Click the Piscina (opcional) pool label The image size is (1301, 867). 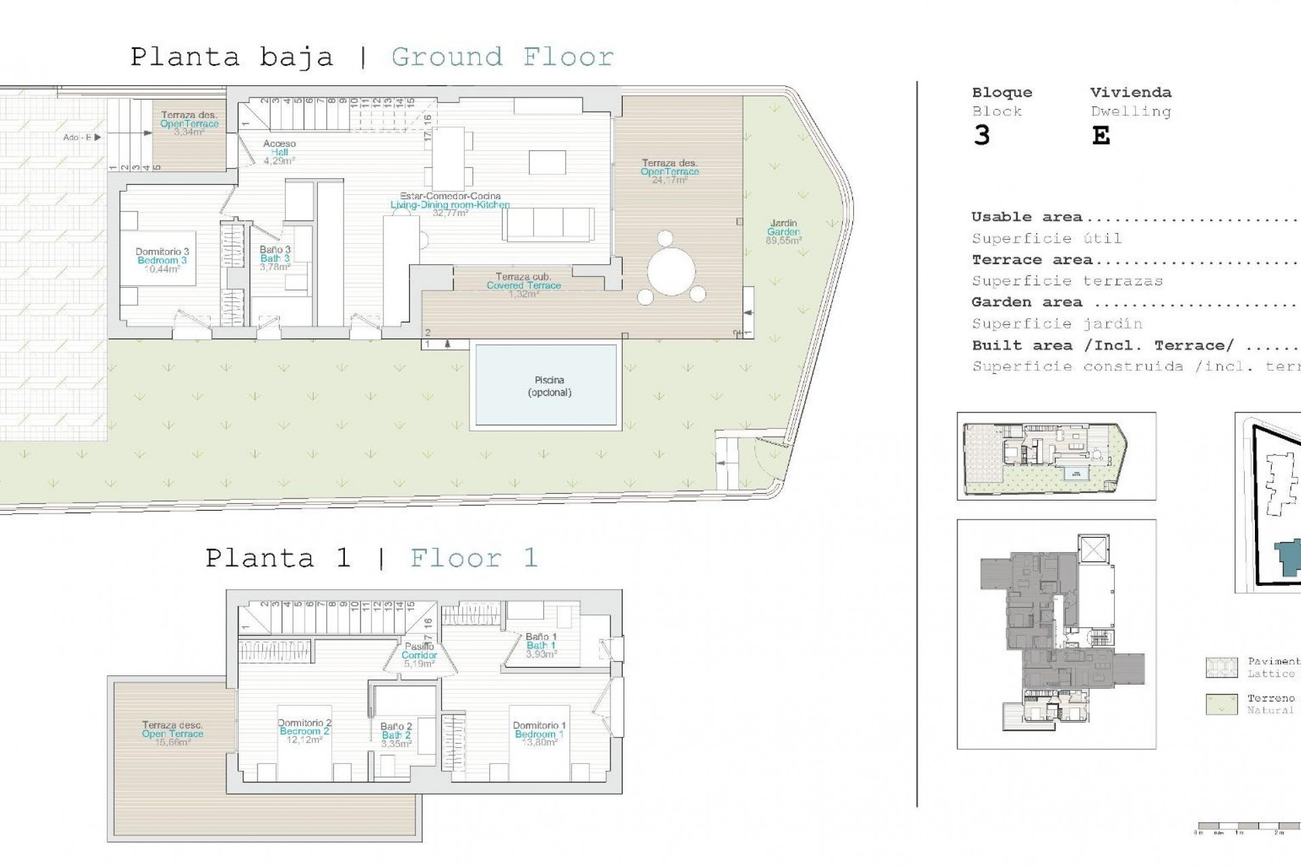[x=549, y=386]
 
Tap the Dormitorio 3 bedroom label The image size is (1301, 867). [x=162, y=260]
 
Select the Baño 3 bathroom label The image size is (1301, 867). [x=274, y=258]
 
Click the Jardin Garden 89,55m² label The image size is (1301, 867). [x=783, y=232]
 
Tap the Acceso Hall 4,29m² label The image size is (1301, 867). [x=279, y=152]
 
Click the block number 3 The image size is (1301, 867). [x=981, y=136]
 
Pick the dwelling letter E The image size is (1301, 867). [x=1100, y=136]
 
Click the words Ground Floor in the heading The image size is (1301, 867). [x=502, y=57]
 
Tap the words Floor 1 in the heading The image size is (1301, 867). [x=474, y=558]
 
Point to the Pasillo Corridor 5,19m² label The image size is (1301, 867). [x=419, y=655]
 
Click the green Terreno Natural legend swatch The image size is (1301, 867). [x=1222, y=704]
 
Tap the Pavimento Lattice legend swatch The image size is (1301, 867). [x=1222, y=667]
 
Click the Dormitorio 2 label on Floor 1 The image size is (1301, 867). [x=304, y=731]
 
